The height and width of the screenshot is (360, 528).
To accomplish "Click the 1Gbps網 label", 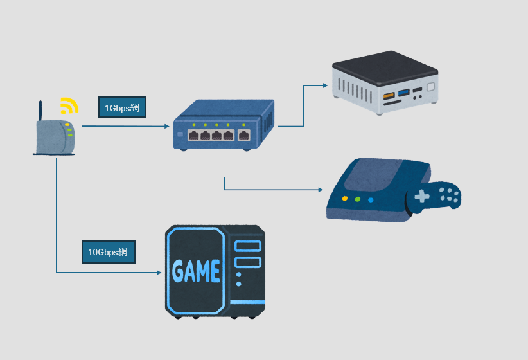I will tap(122, 108).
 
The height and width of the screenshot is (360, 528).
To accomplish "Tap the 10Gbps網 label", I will tap(108, 252).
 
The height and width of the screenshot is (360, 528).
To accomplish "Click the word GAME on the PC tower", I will tap(197, 271).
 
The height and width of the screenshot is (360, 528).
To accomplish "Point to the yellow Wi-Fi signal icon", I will tap(69, 105).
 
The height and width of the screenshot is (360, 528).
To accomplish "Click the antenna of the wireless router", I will tap(40, 111).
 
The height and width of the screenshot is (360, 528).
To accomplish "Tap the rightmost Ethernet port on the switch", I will tap(244, 135).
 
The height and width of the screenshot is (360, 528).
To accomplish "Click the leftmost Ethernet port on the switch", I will tap(193, 135).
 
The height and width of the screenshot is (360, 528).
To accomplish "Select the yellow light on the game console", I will tap(345, 199).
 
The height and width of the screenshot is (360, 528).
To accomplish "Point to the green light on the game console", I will tap(358, 199).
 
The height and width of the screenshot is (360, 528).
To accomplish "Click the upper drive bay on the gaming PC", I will tap(247, 246).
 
